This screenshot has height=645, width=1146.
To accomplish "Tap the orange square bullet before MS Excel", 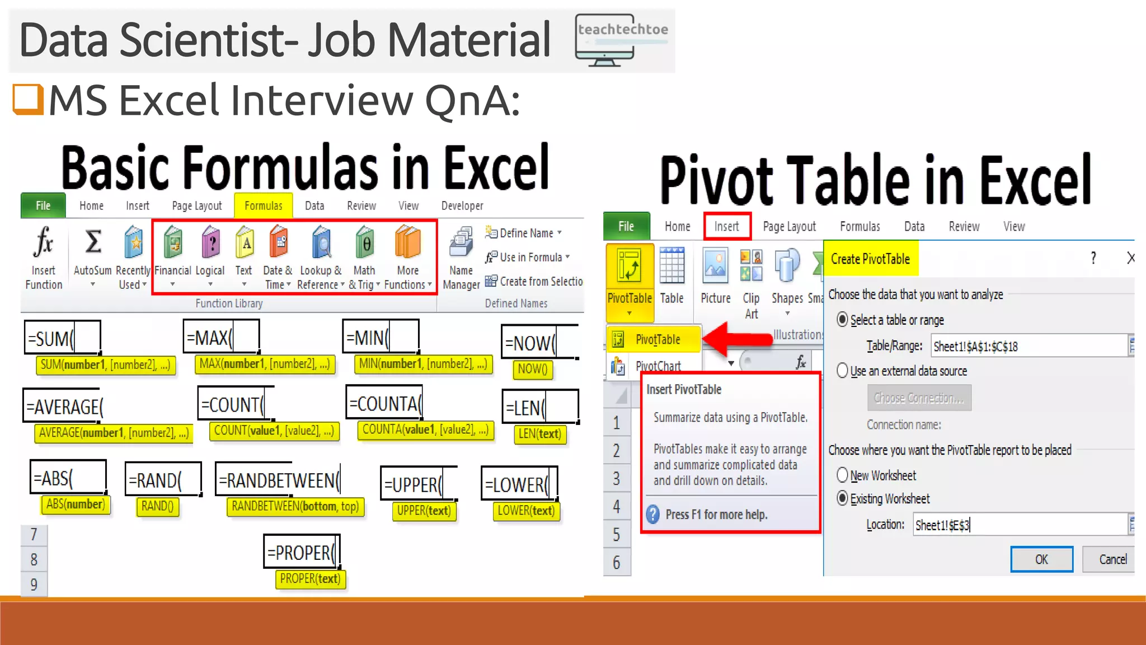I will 28,99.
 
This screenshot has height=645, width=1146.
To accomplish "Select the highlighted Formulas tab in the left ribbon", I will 263,205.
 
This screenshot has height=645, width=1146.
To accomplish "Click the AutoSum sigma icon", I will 93,242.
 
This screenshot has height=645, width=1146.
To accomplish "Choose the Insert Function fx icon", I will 43,242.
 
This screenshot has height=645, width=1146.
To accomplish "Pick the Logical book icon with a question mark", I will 210,244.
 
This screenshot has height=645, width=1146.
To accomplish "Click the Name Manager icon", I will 461,244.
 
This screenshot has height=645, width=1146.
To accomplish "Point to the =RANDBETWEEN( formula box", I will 278,480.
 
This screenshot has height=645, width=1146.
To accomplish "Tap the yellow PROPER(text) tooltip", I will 310,579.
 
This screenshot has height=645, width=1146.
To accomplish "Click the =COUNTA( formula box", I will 384,403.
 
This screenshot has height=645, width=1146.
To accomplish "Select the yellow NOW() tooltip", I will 532,369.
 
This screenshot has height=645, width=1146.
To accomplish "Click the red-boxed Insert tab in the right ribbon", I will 726,226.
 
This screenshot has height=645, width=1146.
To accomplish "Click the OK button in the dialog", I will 1041,559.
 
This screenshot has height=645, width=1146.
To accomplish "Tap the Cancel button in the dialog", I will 1112,559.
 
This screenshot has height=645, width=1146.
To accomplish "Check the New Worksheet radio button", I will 842,475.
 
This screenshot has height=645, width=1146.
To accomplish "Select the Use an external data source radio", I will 842,371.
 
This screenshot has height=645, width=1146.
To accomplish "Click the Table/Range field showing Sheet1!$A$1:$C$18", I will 1028,346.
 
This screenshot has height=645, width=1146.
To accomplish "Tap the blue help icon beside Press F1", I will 653,514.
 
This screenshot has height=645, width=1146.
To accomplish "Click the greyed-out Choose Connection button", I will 919,398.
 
